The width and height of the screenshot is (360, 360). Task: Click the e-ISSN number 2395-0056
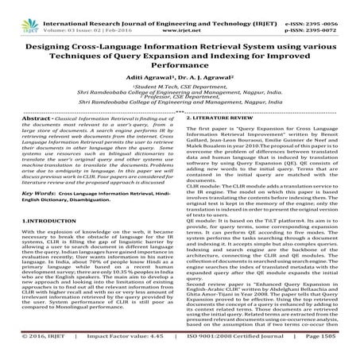[x=330, y=6]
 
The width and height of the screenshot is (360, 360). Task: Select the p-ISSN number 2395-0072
[x=330, y=14]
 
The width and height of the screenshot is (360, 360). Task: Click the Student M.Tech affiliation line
[x=180, y=86]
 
